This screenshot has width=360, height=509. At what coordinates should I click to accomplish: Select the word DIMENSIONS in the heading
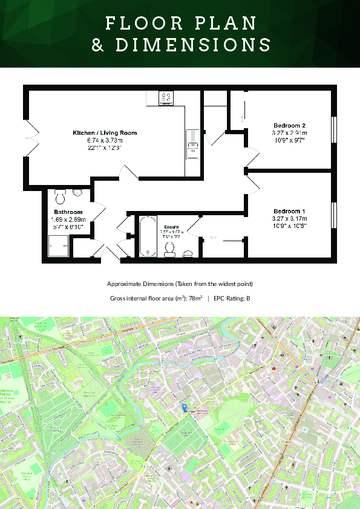click(x=193, y=45)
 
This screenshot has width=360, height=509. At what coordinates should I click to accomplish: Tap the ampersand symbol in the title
click(x=98, y=45)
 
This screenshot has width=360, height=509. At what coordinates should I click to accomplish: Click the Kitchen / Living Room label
click(x=105, y=132)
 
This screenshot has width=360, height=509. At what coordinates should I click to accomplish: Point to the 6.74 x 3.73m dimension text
click(x=105, y=140)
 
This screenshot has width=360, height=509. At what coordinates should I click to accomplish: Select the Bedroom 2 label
click(x=289, y=126)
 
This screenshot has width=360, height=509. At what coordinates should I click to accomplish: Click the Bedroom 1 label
click(x=289, y=211)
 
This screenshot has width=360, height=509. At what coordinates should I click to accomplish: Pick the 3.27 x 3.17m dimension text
click(x=289, y=218)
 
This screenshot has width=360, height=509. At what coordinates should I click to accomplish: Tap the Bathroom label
click(x=68, y=212)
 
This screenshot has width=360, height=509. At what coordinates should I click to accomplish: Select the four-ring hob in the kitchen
click(x=166, y=97)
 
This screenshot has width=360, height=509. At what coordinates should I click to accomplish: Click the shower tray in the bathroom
click(x=59, y=246)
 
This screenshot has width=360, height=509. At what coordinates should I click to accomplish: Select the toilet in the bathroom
click(x=60, y=196)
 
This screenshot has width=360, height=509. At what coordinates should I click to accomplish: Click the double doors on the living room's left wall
click(x=31, y=138)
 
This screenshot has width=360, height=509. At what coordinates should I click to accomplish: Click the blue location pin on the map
click(x=185, y=408)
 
